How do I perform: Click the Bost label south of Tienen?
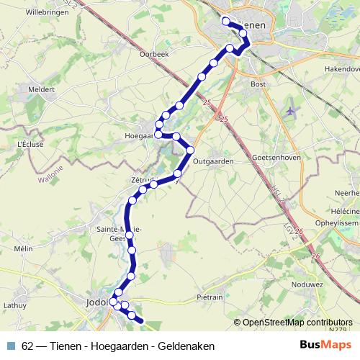tap(258, 84)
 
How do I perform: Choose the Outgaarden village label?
tap(214, 162)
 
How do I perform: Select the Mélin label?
tap(23, 248)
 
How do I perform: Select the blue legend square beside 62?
tap(10, 346)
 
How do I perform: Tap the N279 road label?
tap(336, 330)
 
